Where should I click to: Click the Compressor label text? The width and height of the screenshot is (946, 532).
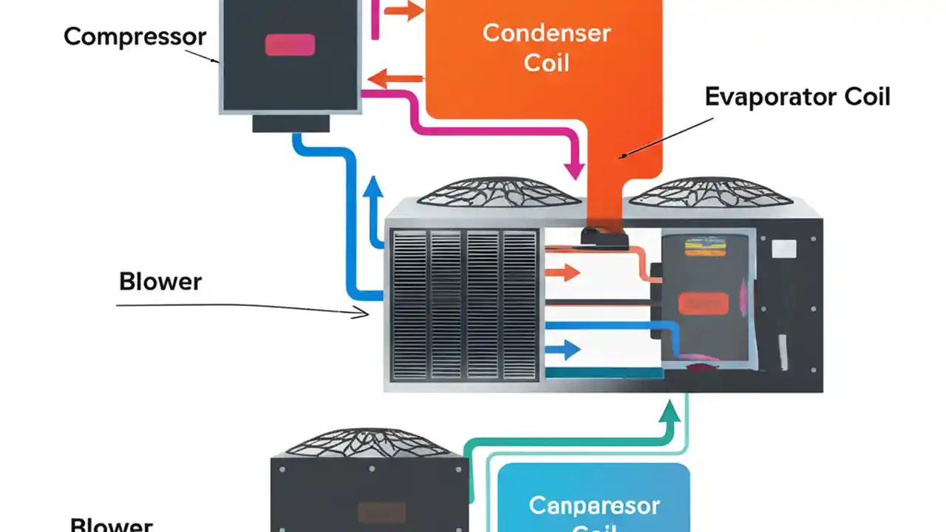point(135,36)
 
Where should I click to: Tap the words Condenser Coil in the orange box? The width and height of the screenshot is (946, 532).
point(546,47)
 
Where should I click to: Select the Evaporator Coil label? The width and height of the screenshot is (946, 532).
point(797,97)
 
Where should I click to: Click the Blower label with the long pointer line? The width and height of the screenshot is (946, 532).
point(160,282)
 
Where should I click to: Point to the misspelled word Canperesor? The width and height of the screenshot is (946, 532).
point(594,505)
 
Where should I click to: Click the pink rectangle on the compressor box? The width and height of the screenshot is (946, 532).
point(290,45)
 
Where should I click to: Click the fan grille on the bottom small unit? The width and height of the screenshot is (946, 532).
point(369,442)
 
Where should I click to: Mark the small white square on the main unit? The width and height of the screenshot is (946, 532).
point(783,249)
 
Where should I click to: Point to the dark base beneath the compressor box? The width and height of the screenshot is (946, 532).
point(290,123)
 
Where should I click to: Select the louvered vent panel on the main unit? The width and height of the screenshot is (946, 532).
point(464,304)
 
